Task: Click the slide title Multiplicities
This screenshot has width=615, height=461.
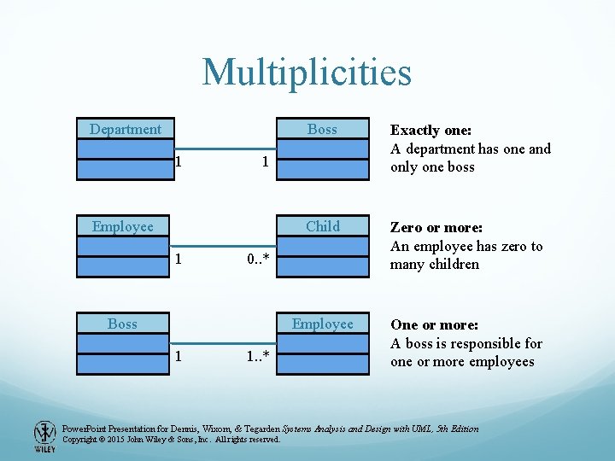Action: tap(307, 73)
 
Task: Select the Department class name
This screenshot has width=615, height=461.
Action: tap(125, 129)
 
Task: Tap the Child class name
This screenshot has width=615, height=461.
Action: tap(322, 226)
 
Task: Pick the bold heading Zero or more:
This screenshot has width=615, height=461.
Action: tap(436, 228)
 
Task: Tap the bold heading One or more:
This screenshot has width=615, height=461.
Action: tap(434, 325)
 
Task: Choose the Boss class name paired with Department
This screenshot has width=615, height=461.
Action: tap(322, 129)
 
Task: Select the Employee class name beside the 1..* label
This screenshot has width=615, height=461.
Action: tap(322, 324)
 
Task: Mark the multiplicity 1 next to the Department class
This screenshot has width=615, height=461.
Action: tap(178, 160)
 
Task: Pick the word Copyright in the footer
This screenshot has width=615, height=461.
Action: tap(83, 440)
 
